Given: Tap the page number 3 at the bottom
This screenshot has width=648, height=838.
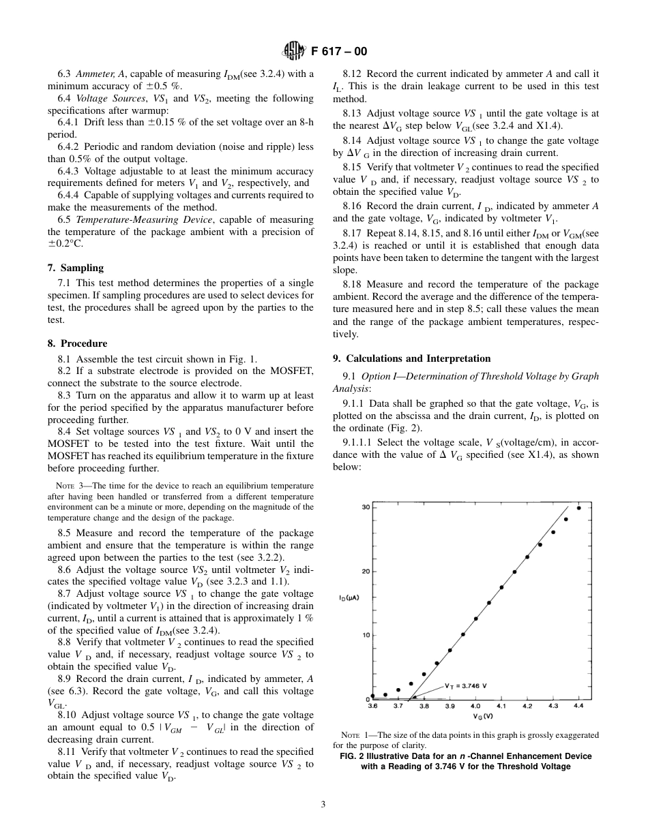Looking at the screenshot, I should click(324, 804).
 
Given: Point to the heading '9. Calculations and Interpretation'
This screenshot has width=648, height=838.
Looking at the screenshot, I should click(411, 358).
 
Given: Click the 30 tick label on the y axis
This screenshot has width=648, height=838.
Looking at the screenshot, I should click(365, 508).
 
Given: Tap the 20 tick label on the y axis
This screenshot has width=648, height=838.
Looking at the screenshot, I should click(365, 571).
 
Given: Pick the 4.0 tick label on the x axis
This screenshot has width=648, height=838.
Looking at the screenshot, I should click(475, 707).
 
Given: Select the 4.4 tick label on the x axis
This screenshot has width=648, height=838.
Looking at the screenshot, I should click(578, 707).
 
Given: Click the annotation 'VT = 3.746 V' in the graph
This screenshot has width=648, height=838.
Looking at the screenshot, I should click(470, 685).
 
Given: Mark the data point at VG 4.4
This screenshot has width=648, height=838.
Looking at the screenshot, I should click(579, 508).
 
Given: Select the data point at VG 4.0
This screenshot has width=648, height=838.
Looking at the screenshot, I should click(476, 619).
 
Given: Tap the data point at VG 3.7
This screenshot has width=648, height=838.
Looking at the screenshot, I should click(398, 690).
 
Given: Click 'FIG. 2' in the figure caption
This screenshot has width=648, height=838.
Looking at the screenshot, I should click(354, 756).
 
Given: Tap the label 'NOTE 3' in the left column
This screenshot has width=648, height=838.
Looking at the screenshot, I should click(68, 486).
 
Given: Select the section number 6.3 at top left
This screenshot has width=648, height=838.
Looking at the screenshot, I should click(65, 74).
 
